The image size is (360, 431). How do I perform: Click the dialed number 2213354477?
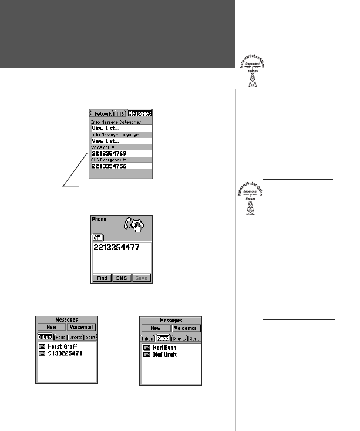117,248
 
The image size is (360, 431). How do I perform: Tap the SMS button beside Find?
122,278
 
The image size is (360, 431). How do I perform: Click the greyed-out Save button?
142,278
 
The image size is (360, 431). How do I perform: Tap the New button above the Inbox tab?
51,328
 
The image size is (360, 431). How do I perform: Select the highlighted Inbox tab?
45,338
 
